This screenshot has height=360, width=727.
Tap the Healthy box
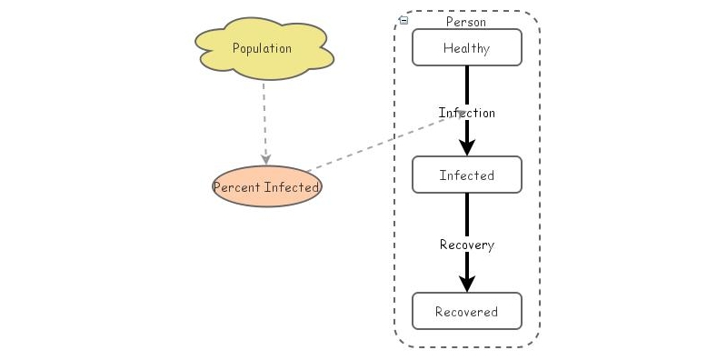click(467, 48)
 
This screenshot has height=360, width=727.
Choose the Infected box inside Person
click(467, 175)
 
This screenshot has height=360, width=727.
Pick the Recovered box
click(467, 312)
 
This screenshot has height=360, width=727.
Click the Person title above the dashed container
click(466, 21)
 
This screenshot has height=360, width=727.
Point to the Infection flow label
click(467, 113)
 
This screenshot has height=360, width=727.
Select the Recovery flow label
click(467, 245)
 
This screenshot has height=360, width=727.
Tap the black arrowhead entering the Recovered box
click(467, 284)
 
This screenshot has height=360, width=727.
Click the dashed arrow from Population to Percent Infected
click(264, 118)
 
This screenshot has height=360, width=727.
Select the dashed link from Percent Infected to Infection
click(382, 142)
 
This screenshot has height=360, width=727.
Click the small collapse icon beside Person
click(403, 20)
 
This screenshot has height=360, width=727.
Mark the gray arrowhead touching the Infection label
click(462, 113)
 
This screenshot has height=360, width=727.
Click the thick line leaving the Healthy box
click(467, 84)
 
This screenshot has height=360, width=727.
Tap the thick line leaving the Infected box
click(467, 214)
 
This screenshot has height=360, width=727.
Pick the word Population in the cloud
click(262, 48)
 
